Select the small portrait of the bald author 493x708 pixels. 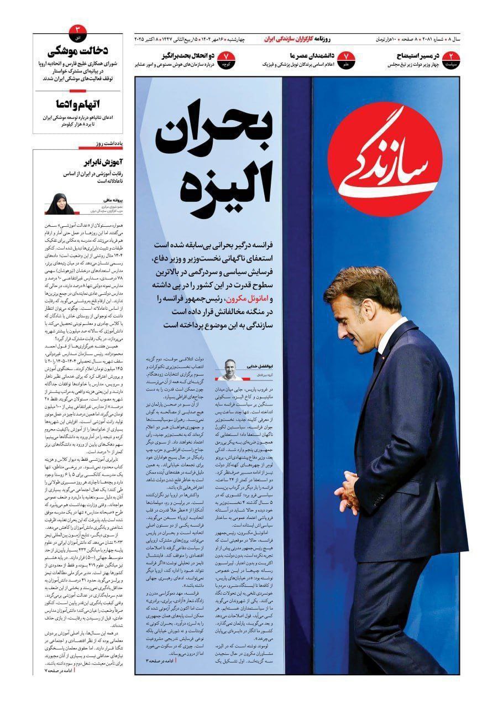pyautogui.click(x=227, y=369)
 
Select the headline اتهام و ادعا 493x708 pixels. pyautogui.click(x=80, y=104)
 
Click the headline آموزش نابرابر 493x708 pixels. pyautogui.click(x=98, y=162)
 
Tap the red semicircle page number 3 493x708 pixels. pyautogui.click(x=78, y=28)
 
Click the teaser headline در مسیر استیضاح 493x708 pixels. pyautogui.click(x=422, y=56)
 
